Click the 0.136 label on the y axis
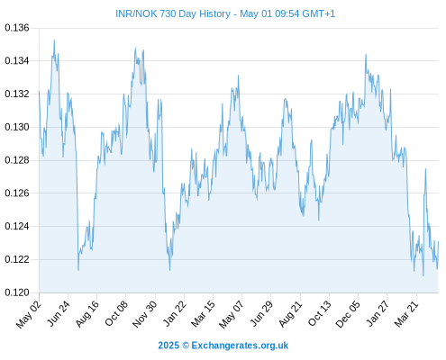tap(17, 28)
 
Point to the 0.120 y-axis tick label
tap(17, 292)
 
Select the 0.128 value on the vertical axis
tap(17, 160)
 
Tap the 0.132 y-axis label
tap(17, 94)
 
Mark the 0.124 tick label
tap(17, 226)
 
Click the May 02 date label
tap(28, 314)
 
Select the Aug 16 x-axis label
tap(87, 313)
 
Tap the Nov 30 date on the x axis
tap(145, 314)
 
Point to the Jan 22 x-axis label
tap(174, 313)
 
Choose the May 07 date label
tap(231, 314)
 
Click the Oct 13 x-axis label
tap(320, 313)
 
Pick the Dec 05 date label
tap(348, 314)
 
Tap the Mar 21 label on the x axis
tap(406, 313)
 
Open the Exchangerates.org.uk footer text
tap(240, 346)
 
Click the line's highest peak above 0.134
tap(54, 40)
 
